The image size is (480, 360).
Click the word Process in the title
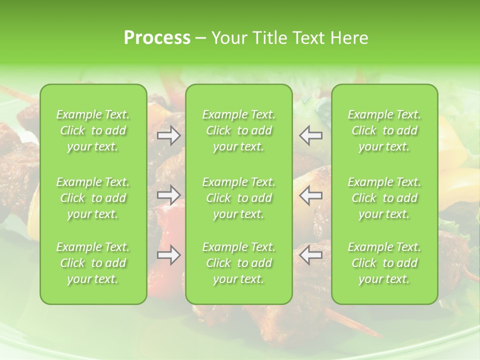(x=157, y=37)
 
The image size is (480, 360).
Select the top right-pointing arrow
(x=168, y=135)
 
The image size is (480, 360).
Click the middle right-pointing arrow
(x=168, y=194)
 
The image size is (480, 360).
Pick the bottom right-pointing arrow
(x=168, y=255)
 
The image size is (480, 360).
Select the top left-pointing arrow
(x=310, y=135)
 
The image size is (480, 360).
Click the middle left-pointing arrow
(x=310, y=194)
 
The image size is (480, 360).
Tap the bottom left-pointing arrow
(x=310, y=255)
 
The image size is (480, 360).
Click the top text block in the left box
(x=93, y=130)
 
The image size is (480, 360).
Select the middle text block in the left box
(x=93, y=198)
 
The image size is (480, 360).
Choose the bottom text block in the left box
(x=93, y=263)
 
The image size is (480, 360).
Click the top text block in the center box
(x=239, y=130)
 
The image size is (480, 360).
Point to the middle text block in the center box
(x=239, y=198)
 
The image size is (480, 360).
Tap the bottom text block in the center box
(x=239, y=263)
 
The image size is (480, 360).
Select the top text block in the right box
(x=384, y=130)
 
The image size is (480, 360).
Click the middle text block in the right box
(x=384, y=198)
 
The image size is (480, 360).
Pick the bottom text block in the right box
(x=384, y=263)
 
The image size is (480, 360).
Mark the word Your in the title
(x=227, y=38)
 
